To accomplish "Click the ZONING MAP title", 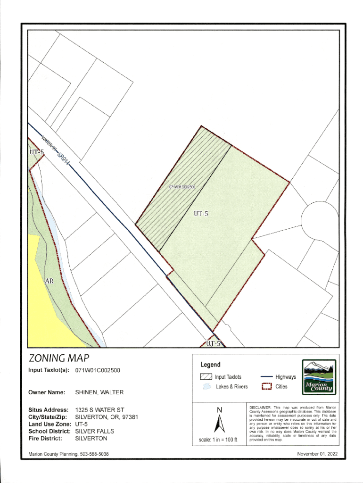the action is (58, 358).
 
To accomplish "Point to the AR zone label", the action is (49, 281).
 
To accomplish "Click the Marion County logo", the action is (319, 376).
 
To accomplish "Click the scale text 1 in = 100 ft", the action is (218, 440).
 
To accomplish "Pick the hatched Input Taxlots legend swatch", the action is (206, 377).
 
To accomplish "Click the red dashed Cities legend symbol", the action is (267, 387).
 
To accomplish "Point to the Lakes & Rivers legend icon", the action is (206, 387).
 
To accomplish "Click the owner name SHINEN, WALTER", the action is (99, 392).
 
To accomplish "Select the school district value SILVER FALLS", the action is (95, 431).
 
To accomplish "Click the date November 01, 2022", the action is (317, 454).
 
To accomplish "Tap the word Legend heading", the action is (210, 365).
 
